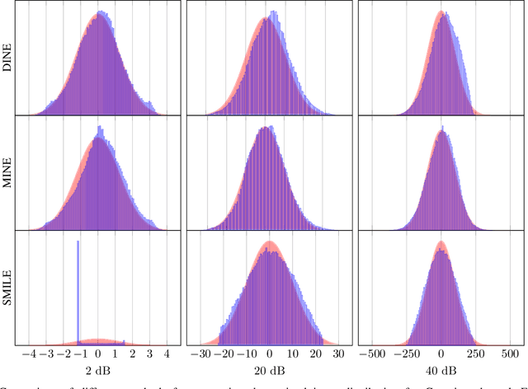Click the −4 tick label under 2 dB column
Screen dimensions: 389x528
pos(27,354)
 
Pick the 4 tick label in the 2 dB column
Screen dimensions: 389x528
pos(167,354)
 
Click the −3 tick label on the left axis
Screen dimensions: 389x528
pos(45,354)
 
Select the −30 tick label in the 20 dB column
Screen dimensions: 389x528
pos(200,354)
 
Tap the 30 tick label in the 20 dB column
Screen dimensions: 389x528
pos(337,354)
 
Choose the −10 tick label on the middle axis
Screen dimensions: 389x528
pos(245,354)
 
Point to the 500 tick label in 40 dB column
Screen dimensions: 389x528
pos(507,354)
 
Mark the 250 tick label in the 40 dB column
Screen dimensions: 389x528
pos(474,354)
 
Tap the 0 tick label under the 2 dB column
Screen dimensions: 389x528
pos(97,354)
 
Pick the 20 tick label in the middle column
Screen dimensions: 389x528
pos(314,354)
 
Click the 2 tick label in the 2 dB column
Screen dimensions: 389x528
pos(132,354)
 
